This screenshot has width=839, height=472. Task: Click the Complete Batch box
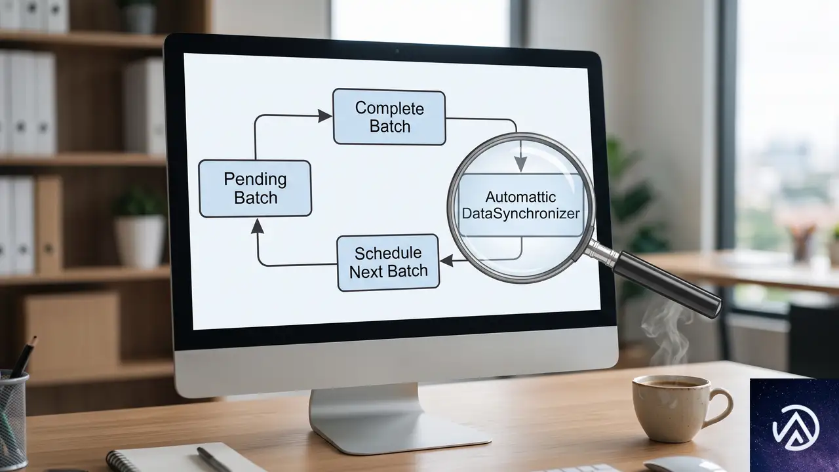[389, 117]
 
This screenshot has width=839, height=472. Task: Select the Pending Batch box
[255, 188]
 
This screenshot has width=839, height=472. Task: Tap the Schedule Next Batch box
[388, 263]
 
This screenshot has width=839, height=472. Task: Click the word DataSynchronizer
[520, 214]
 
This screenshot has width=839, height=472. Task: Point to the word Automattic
[520, 197]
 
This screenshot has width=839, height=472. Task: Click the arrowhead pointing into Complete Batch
[324, 116]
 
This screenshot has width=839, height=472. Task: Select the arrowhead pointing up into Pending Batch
[257, 226]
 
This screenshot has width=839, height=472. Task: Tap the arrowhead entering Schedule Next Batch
[446, 260]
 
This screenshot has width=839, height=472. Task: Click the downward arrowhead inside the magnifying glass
[520, 164]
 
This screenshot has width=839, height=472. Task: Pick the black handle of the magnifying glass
[667, 285]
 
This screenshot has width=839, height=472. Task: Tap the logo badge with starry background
[794, 425]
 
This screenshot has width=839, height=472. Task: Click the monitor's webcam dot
[397, 50]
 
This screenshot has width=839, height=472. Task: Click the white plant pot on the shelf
[140, 241]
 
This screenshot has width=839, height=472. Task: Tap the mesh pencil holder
[12, 420]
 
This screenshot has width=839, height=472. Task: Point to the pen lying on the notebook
[214, 460]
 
